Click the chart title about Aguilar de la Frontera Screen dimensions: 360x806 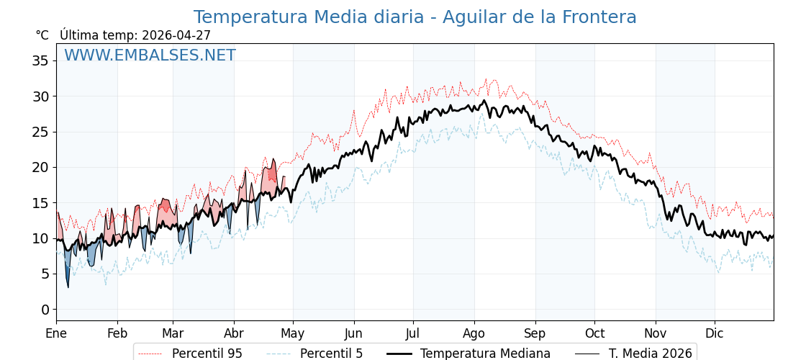tap(415, 17)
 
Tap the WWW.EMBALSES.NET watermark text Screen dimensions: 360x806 tap(150, 55)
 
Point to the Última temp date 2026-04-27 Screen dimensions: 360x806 tap(176, 35)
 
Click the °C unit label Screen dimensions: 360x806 tap(42, 35)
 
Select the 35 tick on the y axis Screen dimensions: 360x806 tap(40, 60)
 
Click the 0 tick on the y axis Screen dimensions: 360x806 tap(45, 310)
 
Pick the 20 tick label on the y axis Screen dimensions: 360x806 tap(40, 167)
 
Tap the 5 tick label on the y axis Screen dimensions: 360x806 tap(45, 274)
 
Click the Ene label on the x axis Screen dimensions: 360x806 tap(56, 333)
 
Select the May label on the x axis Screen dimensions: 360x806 tap(293, 333)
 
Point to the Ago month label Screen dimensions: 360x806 tap(474, 333)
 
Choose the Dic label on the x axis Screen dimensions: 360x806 tap(715, 333)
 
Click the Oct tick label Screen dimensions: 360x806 tap(594, 333)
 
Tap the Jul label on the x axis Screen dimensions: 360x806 tap(413, 333)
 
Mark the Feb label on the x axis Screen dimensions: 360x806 tap(117, 333)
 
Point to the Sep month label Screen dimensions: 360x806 tap(535, 333)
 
